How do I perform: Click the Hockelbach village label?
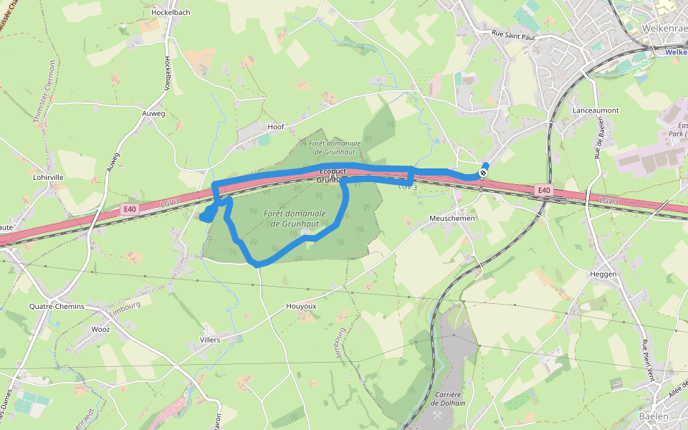(x=171, y=13)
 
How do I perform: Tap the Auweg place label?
(x=153, y=114)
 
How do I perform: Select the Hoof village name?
(x=276, y=127)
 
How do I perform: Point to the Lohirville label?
(x=49, y=177)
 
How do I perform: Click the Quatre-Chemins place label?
(x=57, y=307)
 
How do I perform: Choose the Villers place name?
(x=210, y=340)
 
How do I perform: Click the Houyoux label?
(x=301, y=306)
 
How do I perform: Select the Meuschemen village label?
(x=452, y=218)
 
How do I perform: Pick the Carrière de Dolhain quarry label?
(x=449, y=398)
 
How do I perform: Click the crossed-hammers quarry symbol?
(x=437, y=414)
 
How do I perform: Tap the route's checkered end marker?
(x=484, y=172)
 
